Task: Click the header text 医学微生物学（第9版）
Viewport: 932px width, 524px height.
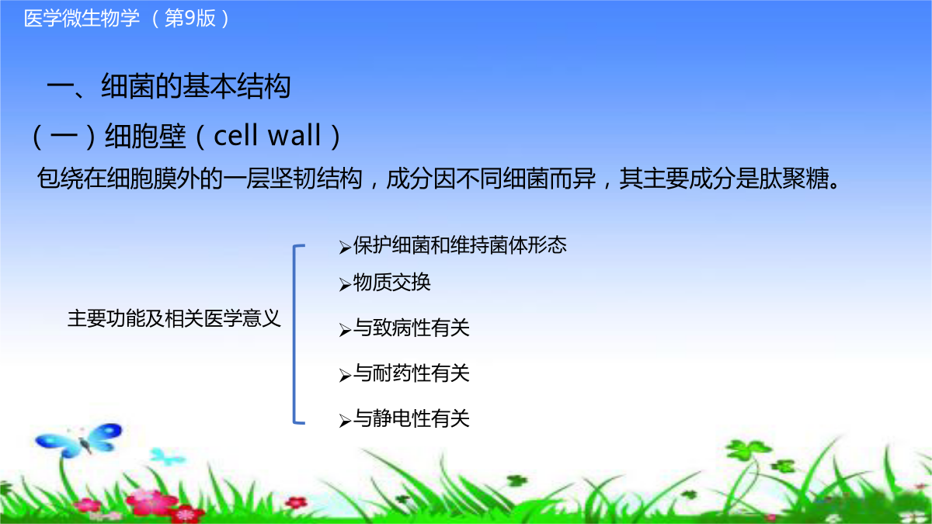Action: coord(127,19)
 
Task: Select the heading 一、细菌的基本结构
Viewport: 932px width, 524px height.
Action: coord(169,86)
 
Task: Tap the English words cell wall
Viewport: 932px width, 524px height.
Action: coord(267,136)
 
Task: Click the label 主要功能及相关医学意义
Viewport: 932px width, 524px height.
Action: coord(174,318)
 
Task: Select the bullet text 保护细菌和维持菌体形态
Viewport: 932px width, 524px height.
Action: coord(460,245)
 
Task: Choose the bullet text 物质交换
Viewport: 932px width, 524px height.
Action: coord(391,283)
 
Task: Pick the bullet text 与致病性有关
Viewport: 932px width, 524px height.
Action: coord(411,328)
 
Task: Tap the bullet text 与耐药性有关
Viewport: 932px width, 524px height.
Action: coord(411,373)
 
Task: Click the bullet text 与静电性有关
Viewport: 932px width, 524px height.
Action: coord(411,418)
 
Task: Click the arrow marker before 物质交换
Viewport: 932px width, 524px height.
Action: coord(345,285)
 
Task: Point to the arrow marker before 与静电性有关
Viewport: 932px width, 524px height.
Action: coord(345,421)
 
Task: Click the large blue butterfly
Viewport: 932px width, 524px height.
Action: coord(79,440)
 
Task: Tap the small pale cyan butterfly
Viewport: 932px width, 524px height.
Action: coord(167,456)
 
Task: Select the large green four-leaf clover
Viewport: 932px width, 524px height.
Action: coord(748,451)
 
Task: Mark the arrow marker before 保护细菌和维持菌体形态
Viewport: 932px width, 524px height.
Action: coord(345,248)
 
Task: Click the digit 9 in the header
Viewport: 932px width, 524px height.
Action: coord(190,19)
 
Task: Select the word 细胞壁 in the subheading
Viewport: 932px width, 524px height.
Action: coord(145,136)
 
